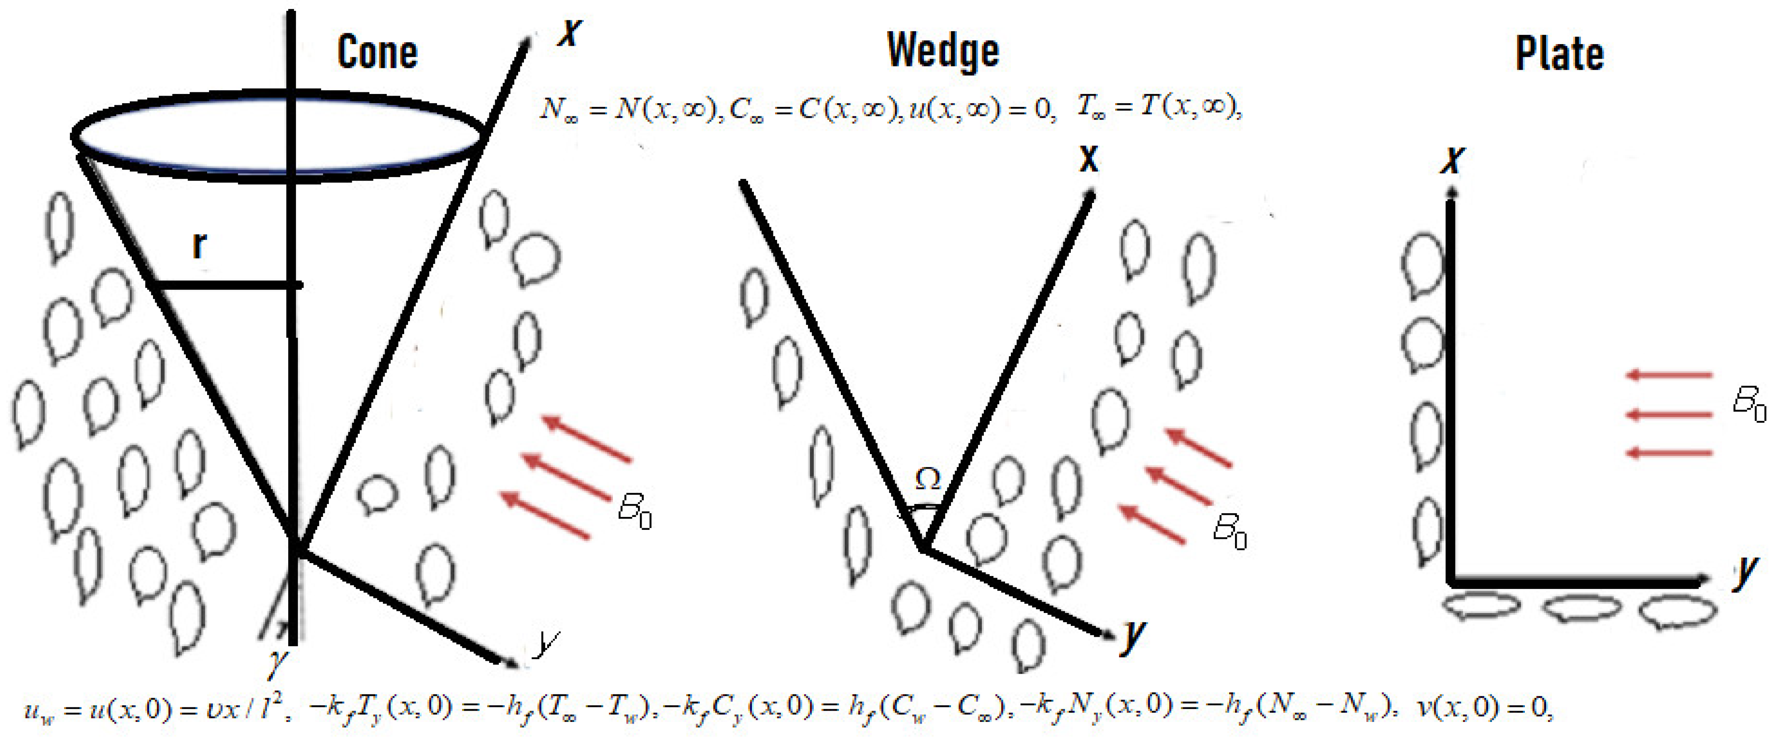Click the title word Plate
pyautogui.click(x=1559, y=54)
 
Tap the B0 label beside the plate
pyautogui.click(x=1749, y=403)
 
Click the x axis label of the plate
pyautogui.click(x=1452, y=160)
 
